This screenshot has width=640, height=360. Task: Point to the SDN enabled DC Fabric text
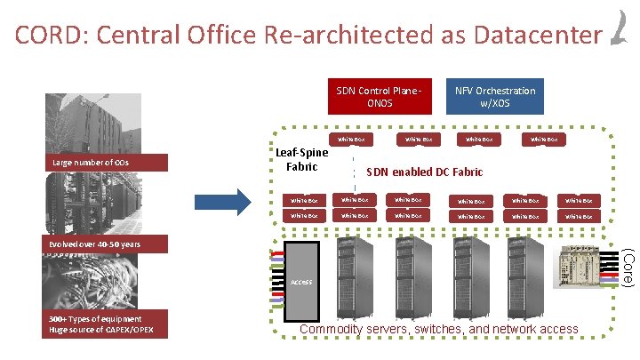425,172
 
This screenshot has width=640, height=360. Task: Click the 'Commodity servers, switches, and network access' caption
439,330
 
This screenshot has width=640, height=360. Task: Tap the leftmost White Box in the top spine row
351,138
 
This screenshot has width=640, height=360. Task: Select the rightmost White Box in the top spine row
544,138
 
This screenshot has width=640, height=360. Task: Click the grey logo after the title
619,27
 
